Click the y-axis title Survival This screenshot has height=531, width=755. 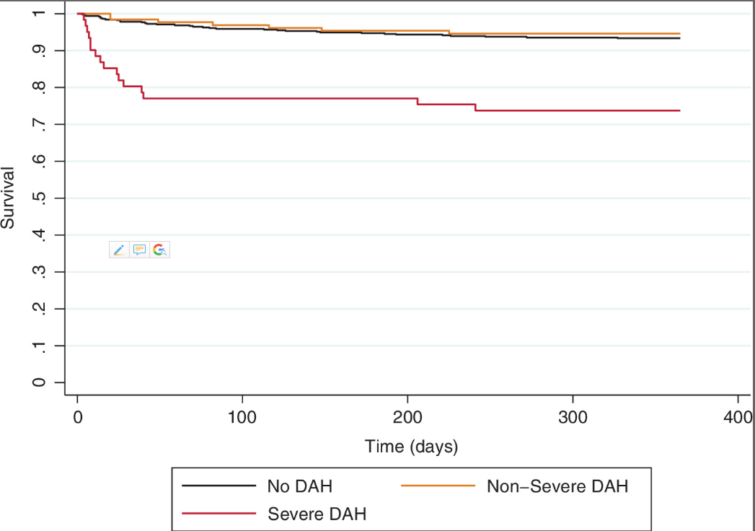[x=8, y=198]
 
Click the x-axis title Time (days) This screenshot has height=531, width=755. [x=411, y=447]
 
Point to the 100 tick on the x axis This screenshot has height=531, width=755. [x=242, y=418]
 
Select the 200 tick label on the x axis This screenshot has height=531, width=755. [x=407, y=418]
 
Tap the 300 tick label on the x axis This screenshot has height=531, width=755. [x=573, y=418]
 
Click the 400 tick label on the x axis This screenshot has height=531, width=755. [x=738, y=418]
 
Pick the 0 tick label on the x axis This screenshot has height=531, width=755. [x=77, y=418]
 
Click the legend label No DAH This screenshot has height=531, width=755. [x=299, y=486]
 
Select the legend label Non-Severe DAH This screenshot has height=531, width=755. [x=557, y=486]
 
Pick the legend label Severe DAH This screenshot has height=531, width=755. [x=317, y=514]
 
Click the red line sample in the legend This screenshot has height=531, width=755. [x=219, y=514]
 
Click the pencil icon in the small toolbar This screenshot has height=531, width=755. [x=119, y=250]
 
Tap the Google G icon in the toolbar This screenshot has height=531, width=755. [x=159, y=250]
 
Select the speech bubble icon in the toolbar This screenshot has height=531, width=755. [x=139, y=250]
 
